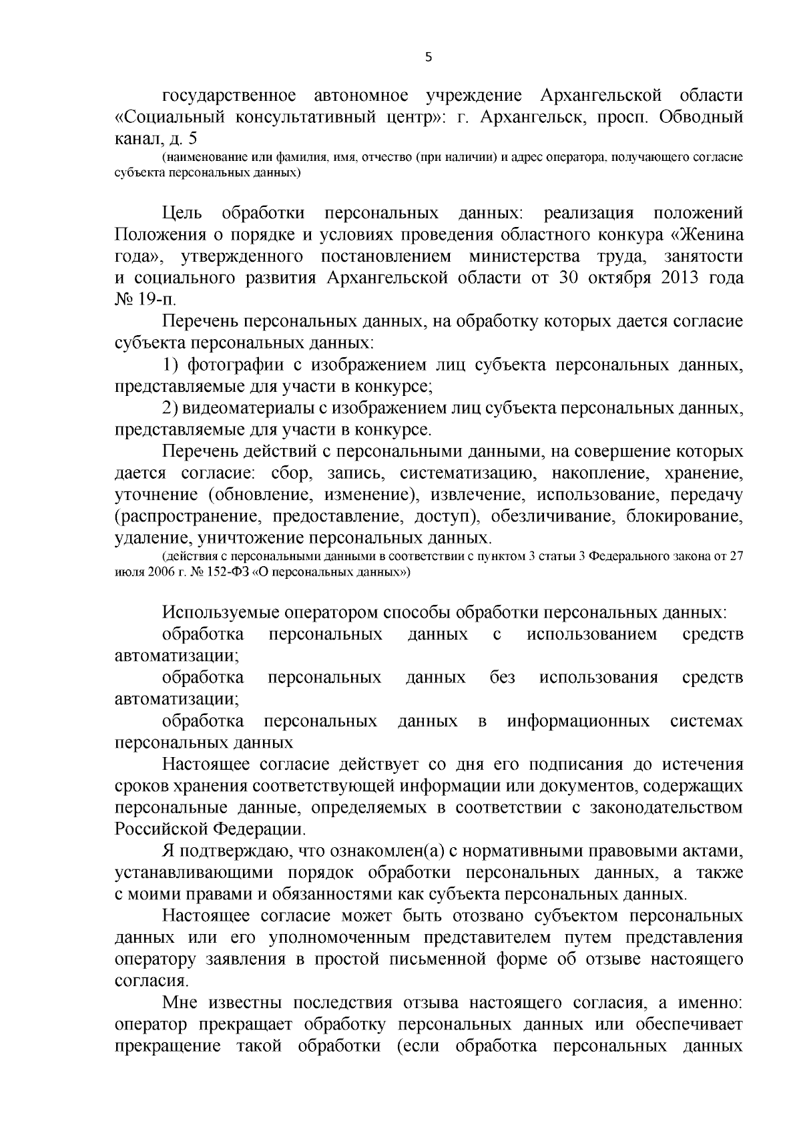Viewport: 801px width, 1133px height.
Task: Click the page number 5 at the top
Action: coord(429,57)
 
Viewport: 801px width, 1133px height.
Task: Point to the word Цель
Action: coord(183,214)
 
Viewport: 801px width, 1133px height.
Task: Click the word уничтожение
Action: coord(256,538)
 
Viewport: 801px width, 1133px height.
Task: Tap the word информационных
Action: coord(579,721)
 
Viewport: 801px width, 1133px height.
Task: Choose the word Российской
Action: coord(161,830)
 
